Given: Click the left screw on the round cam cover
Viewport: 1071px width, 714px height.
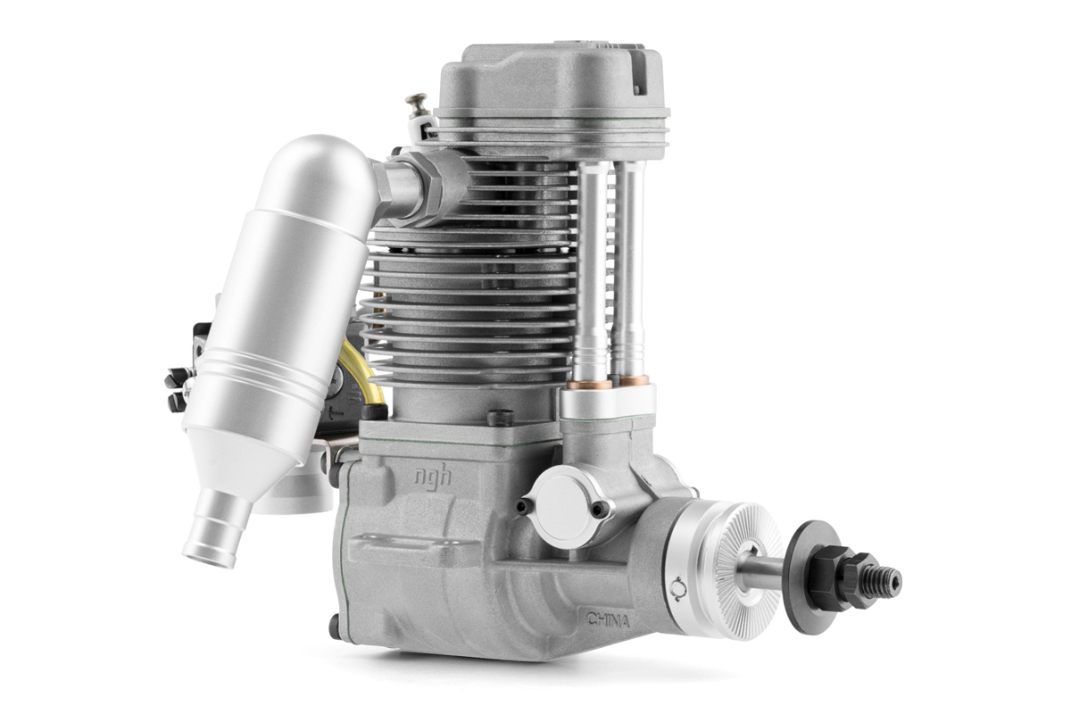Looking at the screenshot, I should [525, 504].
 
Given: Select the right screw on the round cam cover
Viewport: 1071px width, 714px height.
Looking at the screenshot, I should [600, 509].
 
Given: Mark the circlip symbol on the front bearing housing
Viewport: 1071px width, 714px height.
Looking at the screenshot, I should [677, 586].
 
